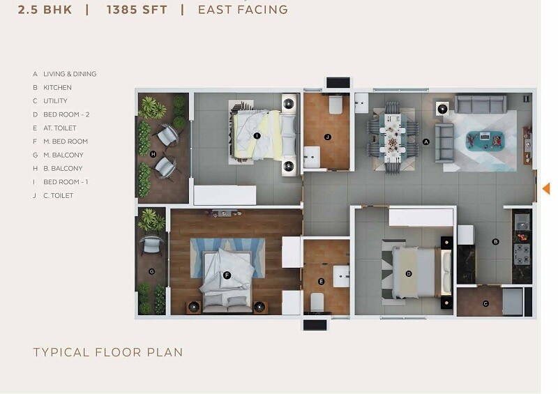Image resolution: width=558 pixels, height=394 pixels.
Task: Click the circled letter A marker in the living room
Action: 425,142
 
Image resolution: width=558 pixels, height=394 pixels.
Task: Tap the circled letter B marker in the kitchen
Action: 495,242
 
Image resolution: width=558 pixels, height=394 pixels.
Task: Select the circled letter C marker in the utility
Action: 485,303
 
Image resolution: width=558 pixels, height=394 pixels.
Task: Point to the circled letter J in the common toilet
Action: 327,137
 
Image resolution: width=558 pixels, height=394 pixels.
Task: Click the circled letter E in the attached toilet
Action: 321,282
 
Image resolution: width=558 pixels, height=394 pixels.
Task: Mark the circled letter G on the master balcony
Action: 152,271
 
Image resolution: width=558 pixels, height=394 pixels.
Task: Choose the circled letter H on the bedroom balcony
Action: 153,153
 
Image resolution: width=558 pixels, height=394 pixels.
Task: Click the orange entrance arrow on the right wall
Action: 546,188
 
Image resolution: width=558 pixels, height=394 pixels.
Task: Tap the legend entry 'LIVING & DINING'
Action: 70,74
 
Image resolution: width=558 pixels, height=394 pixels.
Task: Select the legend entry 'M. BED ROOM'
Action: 66,142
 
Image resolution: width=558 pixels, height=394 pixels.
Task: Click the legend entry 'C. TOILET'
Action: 59,196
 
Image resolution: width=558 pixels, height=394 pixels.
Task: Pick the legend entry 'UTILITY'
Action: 55,101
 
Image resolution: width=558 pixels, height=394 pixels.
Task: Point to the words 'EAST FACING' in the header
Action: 243,10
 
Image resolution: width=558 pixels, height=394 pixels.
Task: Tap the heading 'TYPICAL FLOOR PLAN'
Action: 108,352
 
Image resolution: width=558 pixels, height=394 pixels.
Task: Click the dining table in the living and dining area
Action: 394,136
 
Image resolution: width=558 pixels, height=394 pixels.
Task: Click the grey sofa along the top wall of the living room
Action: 481,105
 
